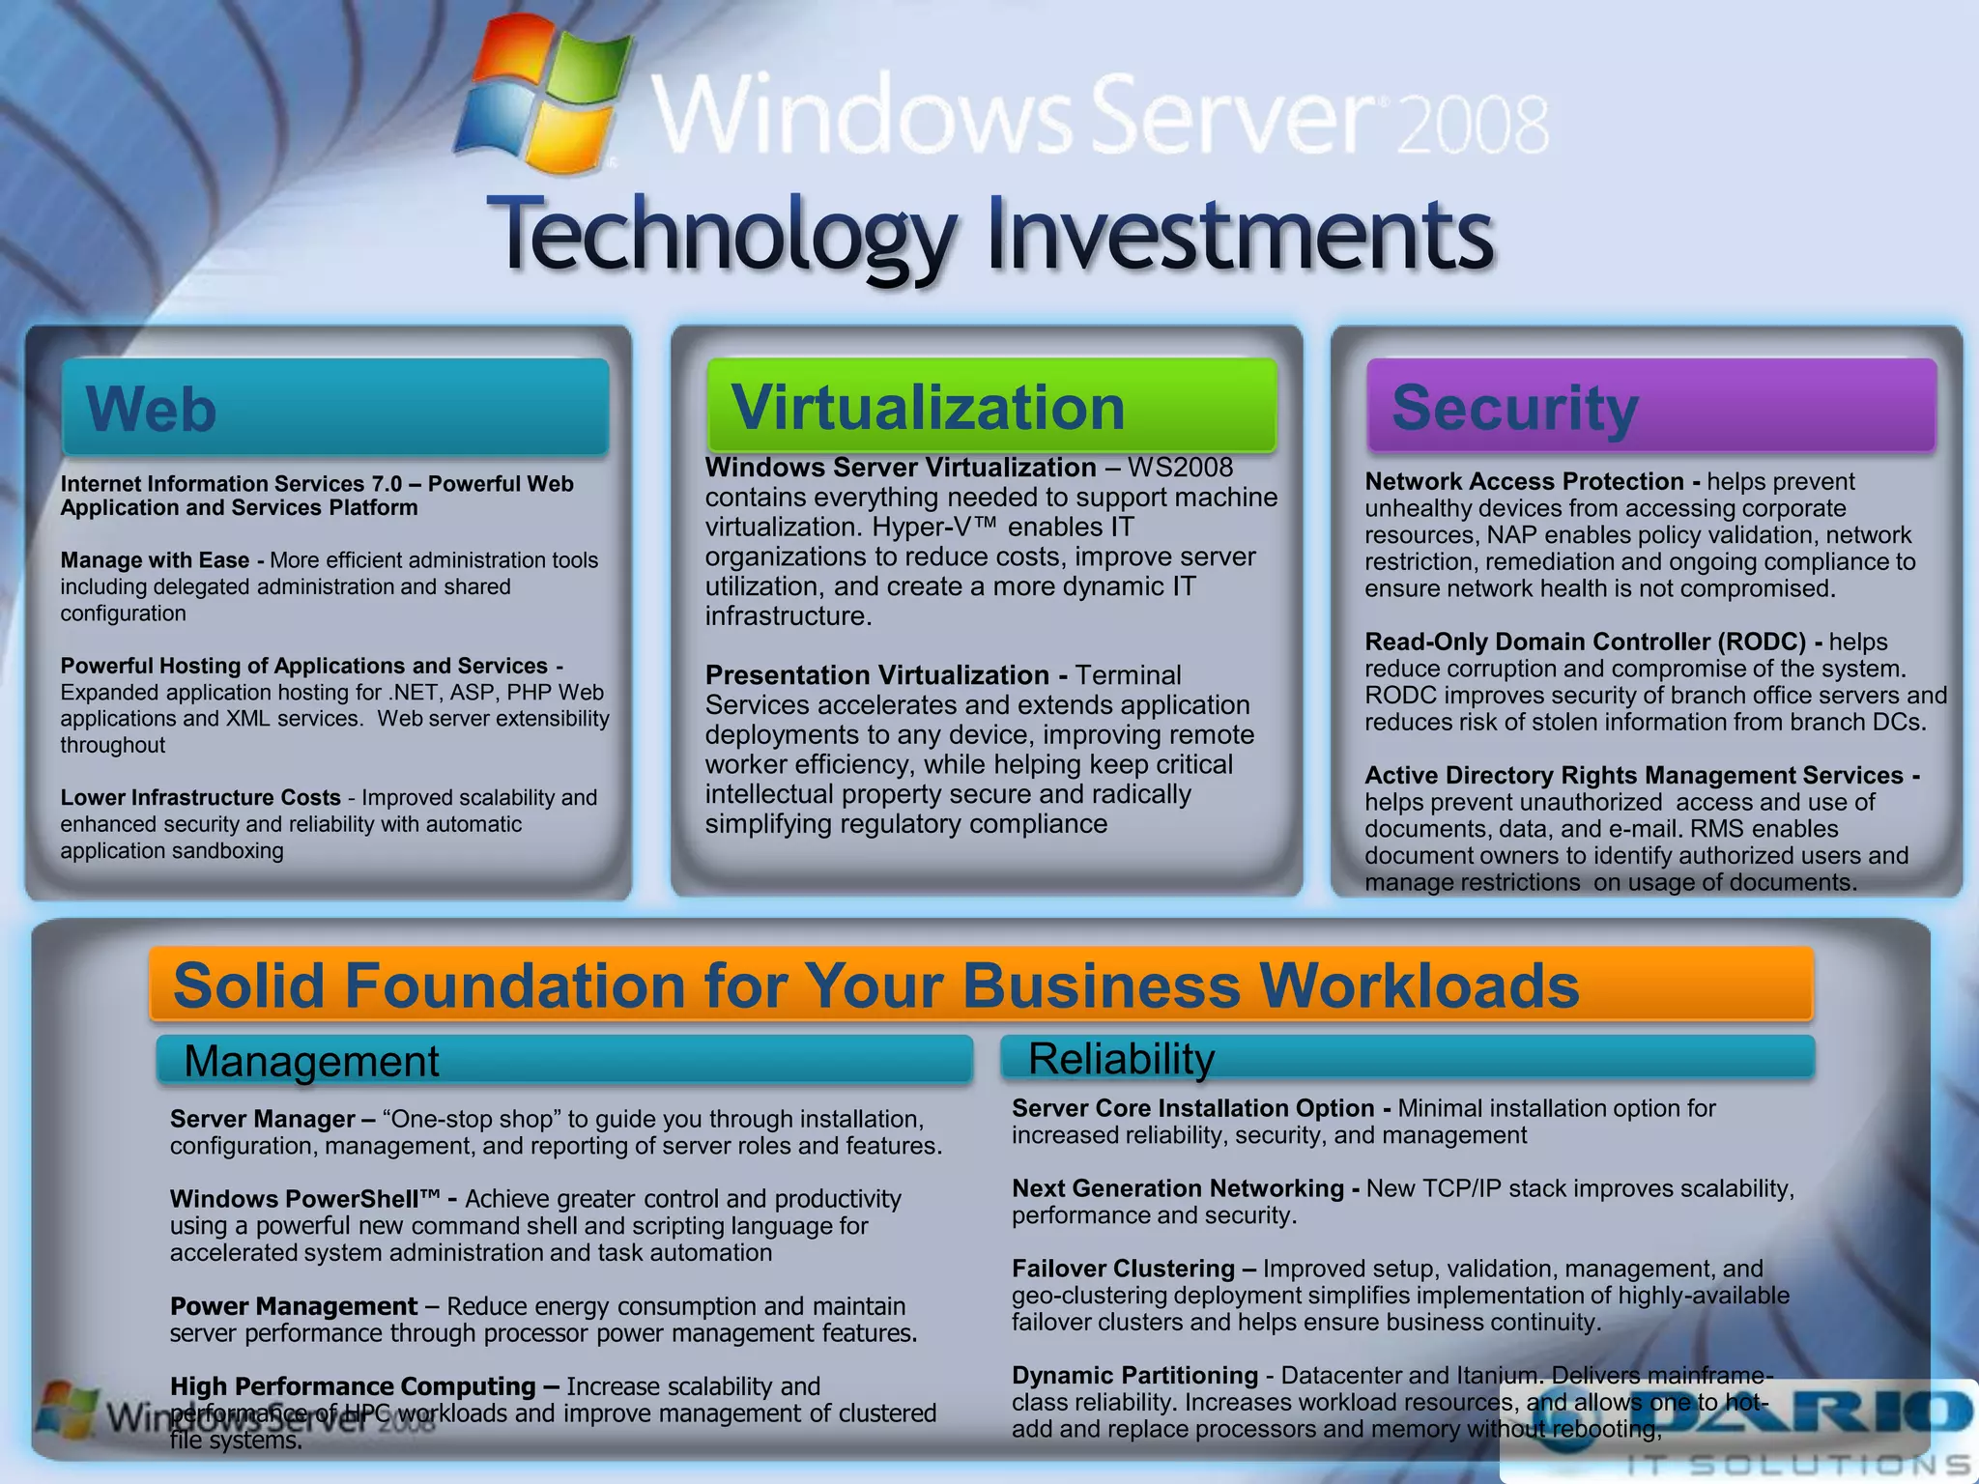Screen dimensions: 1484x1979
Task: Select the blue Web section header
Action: click(x=335, y=408)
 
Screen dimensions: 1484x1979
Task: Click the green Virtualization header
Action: click(x=991, y=406)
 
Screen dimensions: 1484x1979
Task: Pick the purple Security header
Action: click(x=1650, y=406)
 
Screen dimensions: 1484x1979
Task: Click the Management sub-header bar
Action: click(x=563, y=1061)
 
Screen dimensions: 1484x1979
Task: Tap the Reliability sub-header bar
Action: click(x=1407, y=1058)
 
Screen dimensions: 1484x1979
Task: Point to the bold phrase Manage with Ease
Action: click(x=155, y=560)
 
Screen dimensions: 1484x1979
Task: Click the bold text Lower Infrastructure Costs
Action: click(x=200, y=798)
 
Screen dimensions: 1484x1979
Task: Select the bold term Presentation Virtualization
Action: click(x=876, y=675)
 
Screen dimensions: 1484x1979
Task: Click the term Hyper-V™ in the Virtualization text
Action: click(x=933, y=528)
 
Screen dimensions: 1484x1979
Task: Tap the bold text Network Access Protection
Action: click(x=1524, y=481)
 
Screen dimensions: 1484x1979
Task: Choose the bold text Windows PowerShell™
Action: click(x=304, y=1199)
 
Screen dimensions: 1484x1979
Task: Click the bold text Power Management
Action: click(x=294, y=1306)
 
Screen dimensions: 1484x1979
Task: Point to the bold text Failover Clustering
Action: click(x=1123, y=1269)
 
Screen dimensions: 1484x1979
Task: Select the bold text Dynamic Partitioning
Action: click(x=1134, y=1375)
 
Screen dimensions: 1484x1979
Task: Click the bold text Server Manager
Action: click(x=262, y=1119)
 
